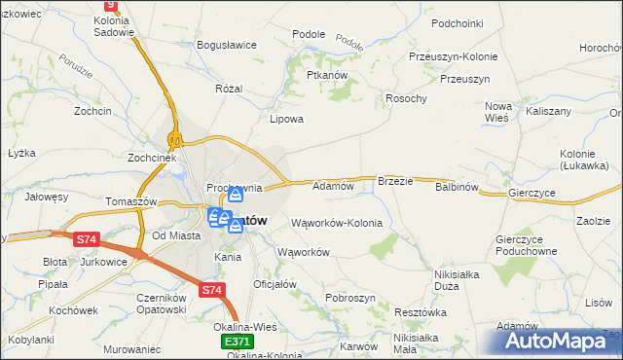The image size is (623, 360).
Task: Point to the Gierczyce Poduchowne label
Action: click(x=525, y=245)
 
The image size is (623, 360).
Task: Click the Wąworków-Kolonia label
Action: click(x=337, y=223)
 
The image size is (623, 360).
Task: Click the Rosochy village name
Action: click(x=407, y=98)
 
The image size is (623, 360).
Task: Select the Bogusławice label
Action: click(x=225, y=46)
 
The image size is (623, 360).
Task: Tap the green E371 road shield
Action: click(x=238, y=342)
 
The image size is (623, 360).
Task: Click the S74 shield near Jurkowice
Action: click(x=87, y=238)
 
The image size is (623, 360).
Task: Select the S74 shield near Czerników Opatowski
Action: click(x=211, y=290)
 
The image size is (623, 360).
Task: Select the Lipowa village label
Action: click(x=287, y=120)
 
